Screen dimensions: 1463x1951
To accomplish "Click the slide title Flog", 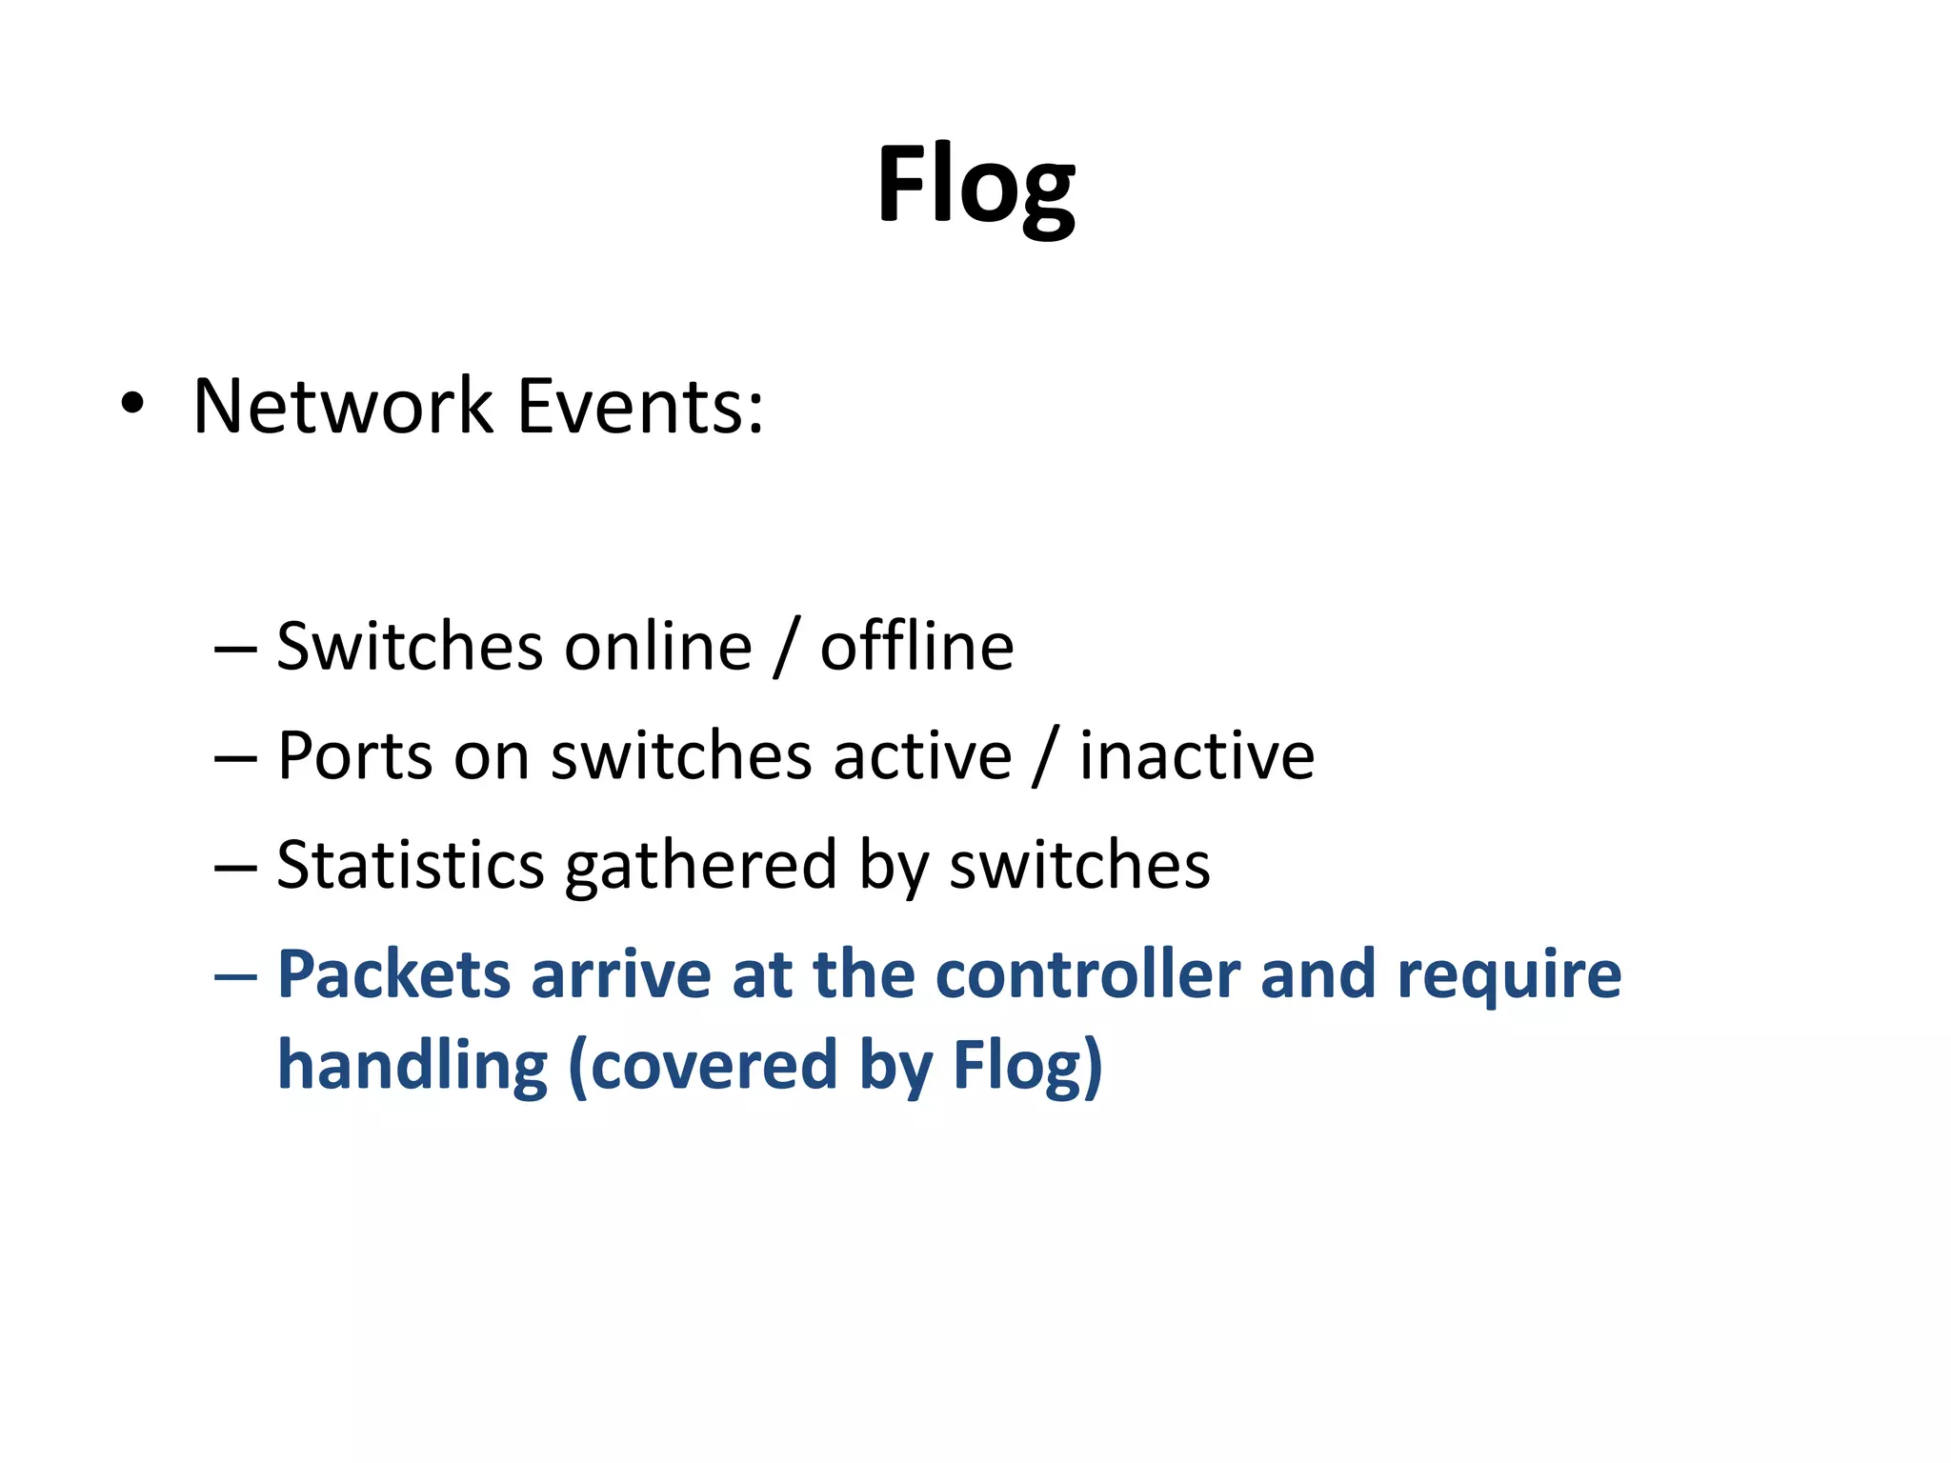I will click(975, 186).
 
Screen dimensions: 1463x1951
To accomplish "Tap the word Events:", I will click(640, 407).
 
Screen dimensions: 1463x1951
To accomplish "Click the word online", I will click(658, 648).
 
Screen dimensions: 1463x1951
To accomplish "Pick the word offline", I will click(916, 648).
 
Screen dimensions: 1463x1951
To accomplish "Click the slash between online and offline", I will click(786, 648).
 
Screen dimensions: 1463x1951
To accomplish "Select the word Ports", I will click(355, 757).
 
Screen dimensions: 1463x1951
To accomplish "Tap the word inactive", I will click(1197, 757).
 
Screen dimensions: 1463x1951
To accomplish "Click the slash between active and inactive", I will click(1045, 757).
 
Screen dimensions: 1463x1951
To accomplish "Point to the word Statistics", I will click(410, 866).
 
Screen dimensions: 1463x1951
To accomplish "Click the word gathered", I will click(700, 866).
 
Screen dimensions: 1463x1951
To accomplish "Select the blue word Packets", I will click(394, 975).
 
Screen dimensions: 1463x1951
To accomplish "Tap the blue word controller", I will click(1087, 975).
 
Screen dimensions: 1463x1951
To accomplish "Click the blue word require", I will click(1509, 977).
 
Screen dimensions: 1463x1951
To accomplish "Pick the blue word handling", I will click(412, 1066).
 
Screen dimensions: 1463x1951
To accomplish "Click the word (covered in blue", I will click(702, 1066).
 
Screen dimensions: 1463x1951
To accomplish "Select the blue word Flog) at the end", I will click(1028, 1066).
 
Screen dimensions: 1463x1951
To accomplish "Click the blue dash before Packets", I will click(235, 977).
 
